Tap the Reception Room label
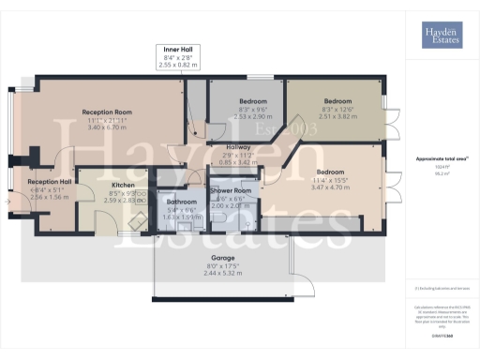(106, 111)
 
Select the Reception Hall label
(50, 181)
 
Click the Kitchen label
(124, 185)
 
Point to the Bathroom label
(182, 202)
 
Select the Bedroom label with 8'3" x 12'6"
(337, 101)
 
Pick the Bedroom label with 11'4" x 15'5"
(329, 172)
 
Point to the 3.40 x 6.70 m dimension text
(106, 127)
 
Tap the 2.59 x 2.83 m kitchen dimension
(124, 201)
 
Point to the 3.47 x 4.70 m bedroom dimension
(329, 188)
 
